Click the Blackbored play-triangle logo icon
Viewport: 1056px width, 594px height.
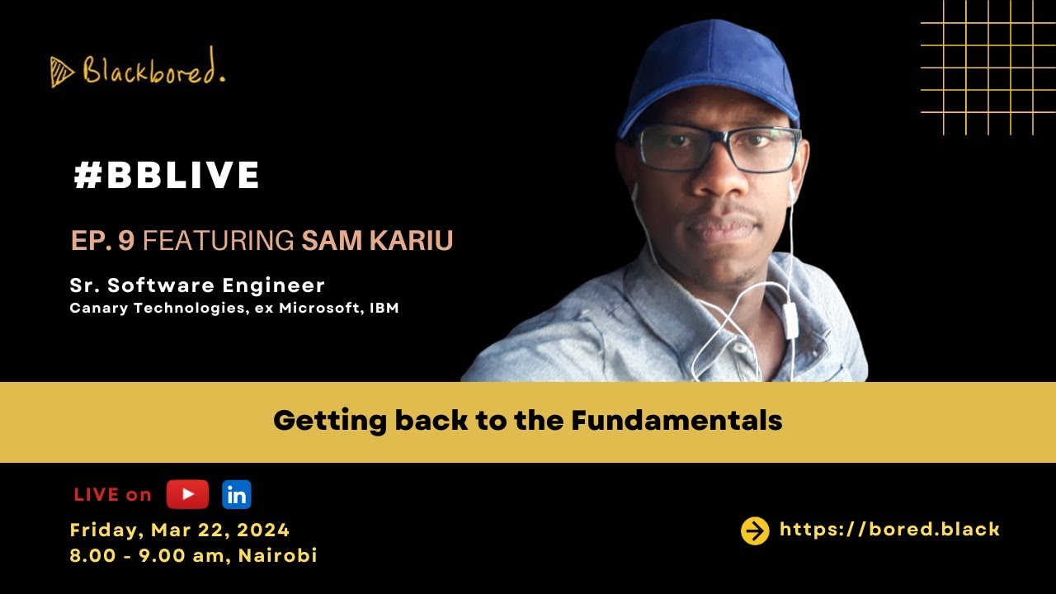tap(62, 72)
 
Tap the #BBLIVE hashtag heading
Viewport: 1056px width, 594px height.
tap(167, 176)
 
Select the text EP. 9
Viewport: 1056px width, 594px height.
tap(102, 241)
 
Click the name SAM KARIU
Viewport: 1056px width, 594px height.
tap(377, 241)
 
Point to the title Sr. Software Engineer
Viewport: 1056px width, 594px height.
tap(197, 285)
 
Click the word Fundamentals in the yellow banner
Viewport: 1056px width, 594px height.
tap(676, 421)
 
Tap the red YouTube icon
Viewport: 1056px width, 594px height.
tap(187, 494)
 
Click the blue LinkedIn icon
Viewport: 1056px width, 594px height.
tap(237, 494)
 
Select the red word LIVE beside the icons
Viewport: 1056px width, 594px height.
tap(97, 495)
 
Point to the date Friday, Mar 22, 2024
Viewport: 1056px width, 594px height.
tap(180, 530)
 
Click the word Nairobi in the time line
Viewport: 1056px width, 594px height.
tap(278, 555)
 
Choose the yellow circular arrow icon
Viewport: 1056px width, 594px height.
tap(755, 530)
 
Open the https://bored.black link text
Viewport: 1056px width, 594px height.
tap(889, 530)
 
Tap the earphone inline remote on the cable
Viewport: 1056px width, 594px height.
tap(790, 320)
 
